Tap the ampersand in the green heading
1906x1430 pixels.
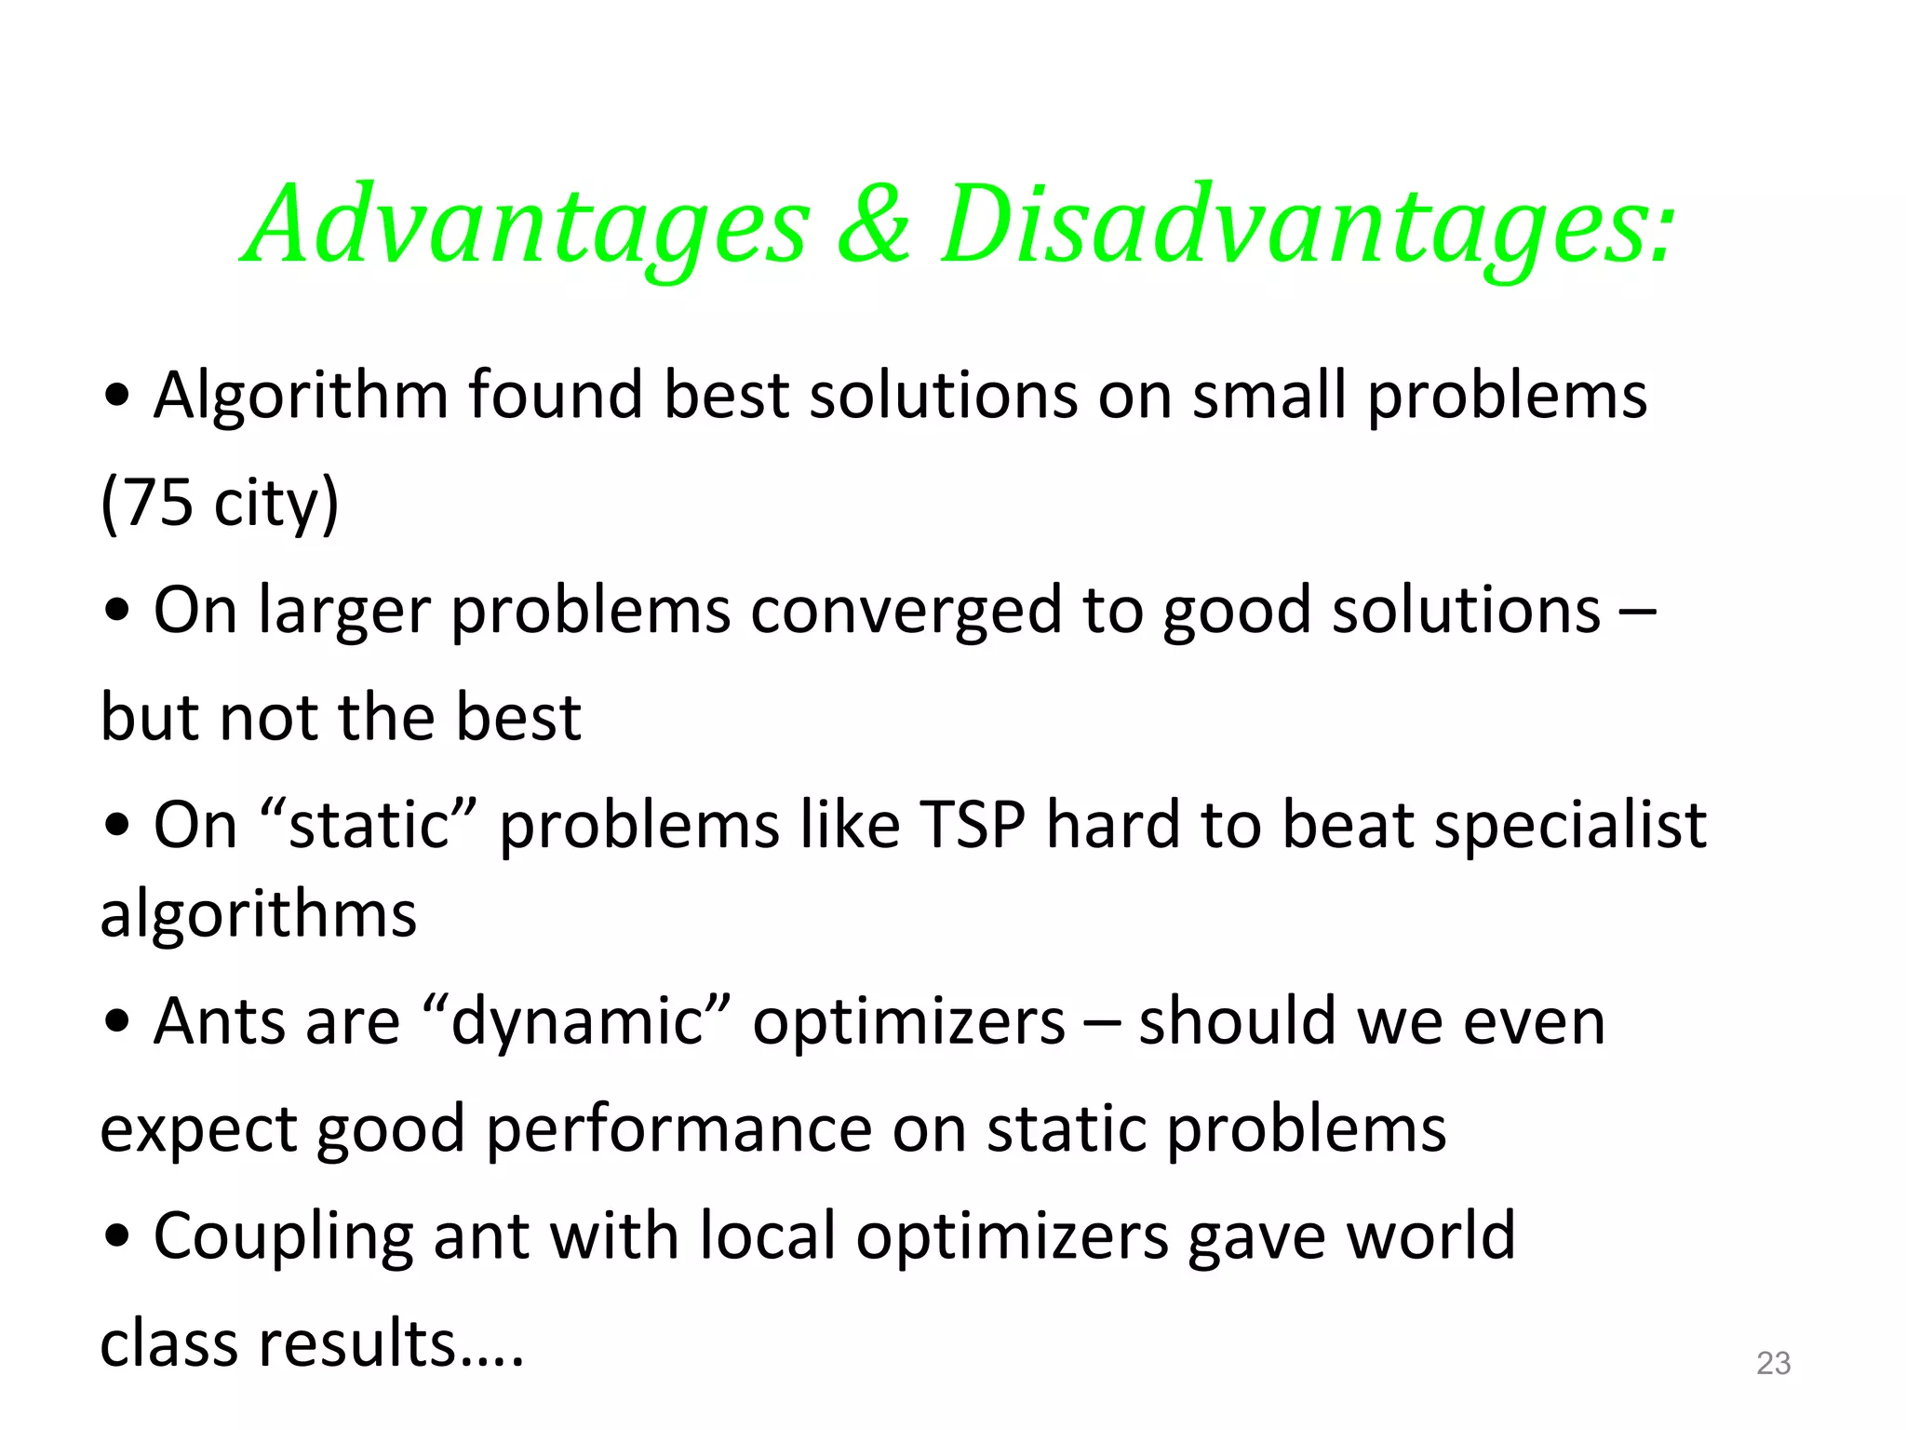click(872, 226)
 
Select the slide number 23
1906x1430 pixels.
click(1773, 1363)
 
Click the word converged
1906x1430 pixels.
click(906, 611)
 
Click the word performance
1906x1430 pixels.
click(678, 1129)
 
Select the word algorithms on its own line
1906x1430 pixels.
click(258, 915)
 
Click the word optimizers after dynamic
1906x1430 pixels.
click(908, 1022)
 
